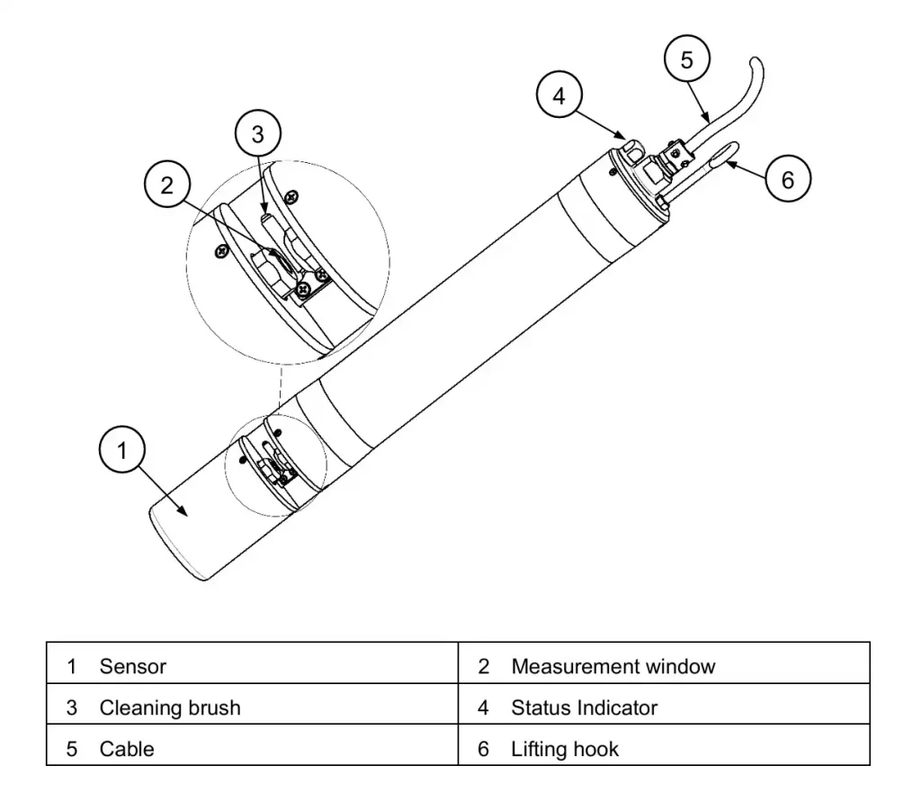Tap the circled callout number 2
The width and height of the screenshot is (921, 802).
(x=167, y=185)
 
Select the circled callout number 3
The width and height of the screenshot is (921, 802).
(x=257, y=134)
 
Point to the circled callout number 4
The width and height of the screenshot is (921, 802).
(x=559, y=95)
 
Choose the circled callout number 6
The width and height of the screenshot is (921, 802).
(x=787, y=179)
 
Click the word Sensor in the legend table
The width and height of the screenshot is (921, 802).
(x=133, y=667)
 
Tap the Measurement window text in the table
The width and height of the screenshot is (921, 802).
(x=613, y=667)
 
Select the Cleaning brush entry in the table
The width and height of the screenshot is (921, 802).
(x=170, y=708)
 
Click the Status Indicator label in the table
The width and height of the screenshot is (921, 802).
(x=584, y=708)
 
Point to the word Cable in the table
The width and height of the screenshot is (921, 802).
(x=127, y=749)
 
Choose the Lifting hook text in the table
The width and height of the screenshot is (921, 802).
(x=565, y=749)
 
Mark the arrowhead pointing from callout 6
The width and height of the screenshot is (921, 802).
(x=730, y=163)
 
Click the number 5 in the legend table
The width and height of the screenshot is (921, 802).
(x=72, y=749)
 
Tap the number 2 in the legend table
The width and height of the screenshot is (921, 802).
(x=483, y=667)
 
